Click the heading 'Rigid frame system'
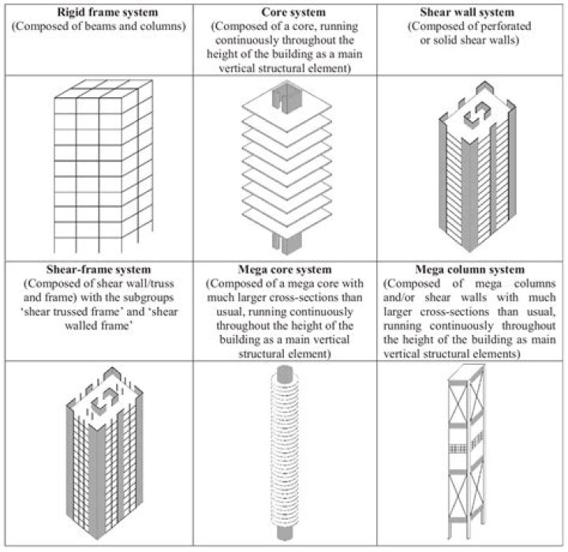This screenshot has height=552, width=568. point(96,13)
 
